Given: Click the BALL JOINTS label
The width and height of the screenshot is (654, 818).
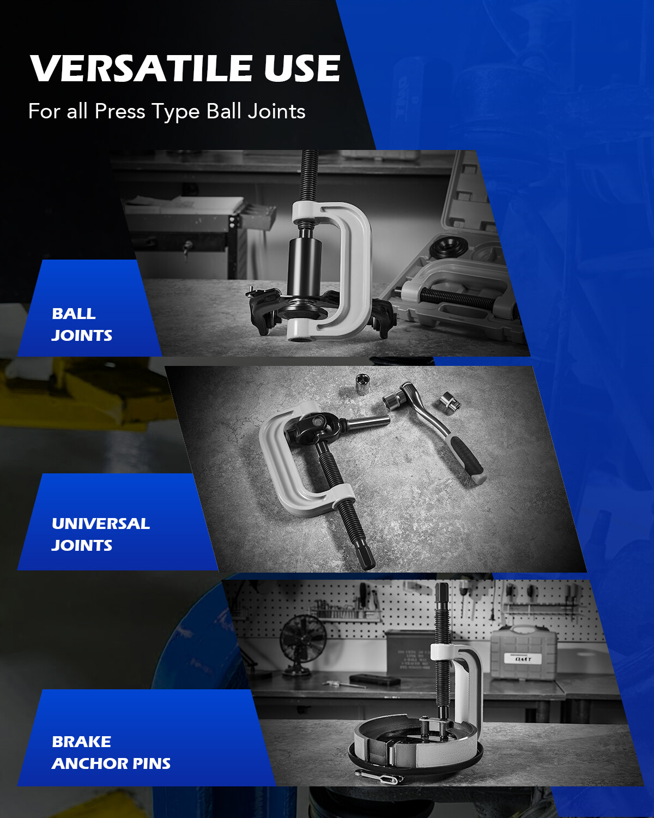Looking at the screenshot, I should (82, 324).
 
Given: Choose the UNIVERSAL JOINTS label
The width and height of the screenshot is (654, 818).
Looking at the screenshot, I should (100, 534).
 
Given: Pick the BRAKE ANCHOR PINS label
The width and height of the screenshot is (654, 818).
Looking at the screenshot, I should (111, 753).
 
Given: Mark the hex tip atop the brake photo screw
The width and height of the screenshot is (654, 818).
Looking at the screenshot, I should (442, 592).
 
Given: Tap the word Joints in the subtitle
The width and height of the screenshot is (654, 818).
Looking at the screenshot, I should (276, 111).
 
